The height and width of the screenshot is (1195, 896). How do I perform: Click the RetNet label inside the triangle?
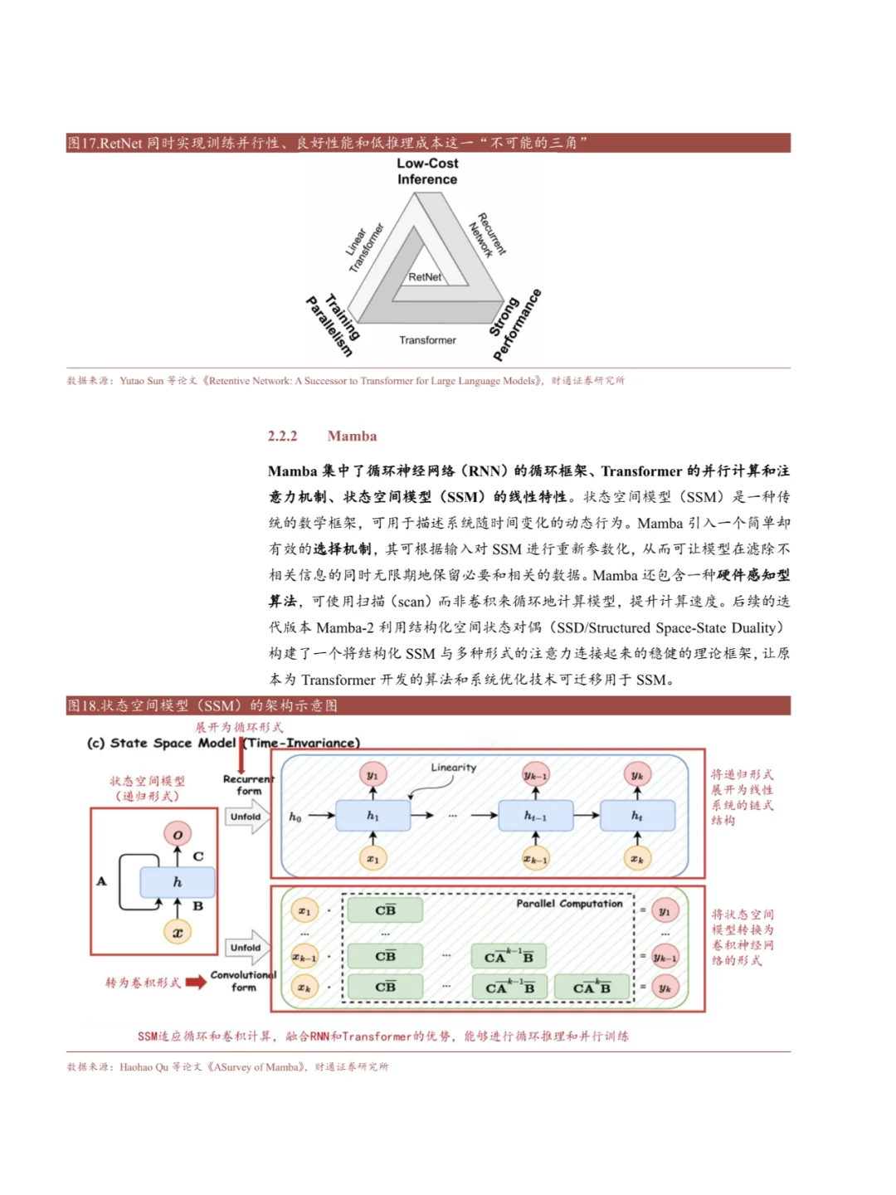coord(425,277)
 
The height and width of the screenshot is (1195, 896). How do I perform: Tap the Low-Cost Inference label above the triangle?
coord(427,172)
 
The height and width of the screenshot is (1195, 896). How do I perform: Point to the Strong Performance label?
coord(515,324)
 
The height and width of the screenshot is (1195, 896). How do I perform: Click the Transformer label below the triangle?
coord(427,340)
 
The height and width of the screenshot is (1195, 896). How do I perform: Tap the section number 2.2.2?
coord(282,437)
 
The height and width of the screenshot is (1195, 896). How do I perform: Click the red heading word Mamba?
coord(352,437)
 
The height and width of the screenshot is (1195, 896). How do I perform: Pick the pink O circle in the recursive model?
coord(178,834)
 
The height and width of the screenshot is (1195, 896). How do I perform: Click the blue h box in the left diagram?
coord(178,882)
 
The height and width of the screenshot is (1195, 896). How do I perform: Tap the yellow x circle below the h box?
coord(178,932)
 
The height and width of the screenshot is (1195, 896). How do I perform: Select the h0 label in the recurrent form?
coord(295,817)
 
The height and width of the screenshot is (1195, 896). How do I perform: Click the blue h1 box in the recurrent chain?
coord(373,816)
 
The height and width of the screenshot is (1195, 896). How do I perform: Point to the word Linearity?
coord(454,768)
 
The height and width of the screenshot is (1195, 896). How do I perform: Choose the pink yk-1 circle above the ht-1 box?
coord(535,775)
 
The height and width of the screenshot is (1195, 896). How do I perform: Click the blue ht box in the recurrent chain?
coord(637,816)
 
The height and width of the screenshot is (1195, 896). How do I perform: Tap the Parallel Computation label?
coord(569,904)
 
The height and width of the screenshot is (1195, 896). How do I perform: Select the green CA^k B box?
coord(592,988)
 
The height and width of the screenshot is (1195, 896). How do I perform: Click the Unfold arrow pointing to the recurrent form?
coord(247,817)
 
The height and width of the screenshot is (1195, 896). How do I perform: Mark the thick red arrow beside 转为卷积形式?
coord(196,983)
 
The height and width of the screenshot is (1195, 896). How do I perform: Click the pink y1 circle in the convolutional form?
coord(665,911)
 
